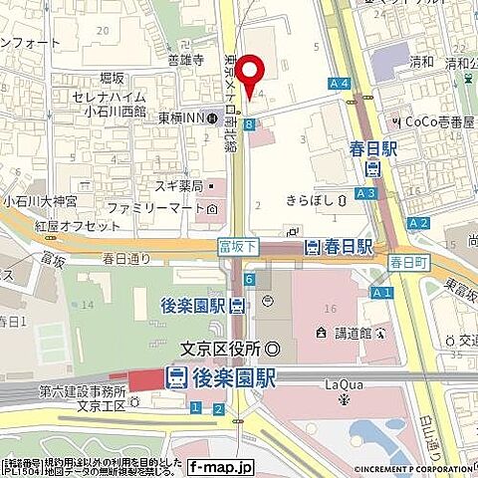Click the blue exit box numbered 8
tap(248, 123)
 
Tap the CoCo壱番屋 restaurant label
tap(432, 121)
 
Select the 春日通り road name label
tap(126, 258)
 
